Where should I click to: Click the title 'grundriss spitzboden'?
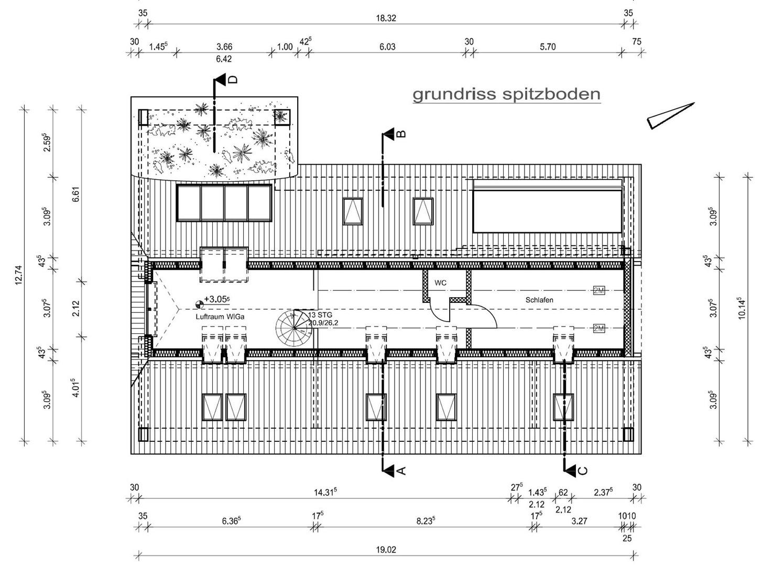tap(506, 94)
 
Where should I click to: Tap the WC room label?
tap(440, 283)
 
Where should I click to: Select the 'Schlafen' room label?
tap(539, 300)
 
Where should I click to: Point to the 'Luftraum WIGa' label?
tap(220, 317)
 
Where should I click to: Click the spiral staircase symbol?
tap(293, 328)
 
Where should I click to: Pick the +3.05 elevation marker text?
tap(217, 299)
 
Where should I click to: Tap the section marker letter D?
tap(233, 80)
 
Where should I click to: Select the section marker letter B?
tap(401, 134)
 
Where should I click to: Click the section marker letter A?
tap(401, 471)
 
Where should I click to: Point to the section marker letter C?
tap(583, 471)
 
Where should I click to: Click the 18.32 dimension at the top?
tap(386, 18)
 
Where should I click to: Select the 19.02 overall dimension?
tap(386, 550)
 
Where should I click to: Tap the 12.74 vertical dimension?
tap(18, 275)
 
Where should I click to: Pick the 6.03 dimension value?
tap(387, 47)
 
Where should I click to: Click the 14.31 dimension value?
tap(325, 493)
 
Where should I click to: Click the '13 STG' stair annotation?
tap(320, 315)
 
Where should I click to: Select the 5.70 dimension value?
tap(548, 47)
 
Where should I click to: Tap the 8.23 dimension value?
tap(426, 521)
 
